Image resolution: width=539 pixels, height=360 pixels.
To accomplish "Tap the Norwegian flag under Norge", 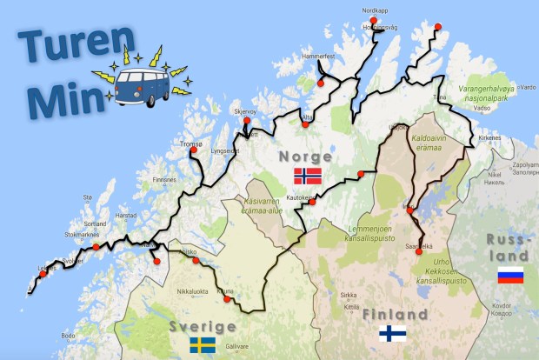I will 308,176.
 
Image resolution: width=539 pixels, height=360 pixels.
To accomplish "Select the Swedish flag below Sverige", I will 203,345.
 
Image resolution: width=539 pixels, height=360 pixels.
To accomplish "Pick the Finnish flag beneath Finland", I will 393,334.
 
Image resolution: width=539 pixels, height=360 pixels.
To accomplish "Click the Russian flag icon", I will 510,277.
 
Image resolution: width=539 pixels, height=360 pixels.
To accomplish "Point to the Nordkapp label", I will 373,10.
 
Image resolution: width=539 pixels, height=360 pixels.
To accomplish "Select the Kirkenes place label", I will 490,137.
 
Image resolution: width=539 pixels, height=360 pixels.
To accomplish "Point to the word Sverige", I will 203,326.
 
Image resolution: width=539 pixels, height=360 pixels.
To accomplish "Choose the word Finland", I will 396,314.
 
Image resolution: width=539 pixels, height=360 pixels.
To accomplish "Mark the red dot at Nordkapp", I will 373,20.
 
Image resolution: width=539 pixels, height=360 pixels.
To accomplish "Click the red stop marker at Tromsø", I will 193,150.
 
